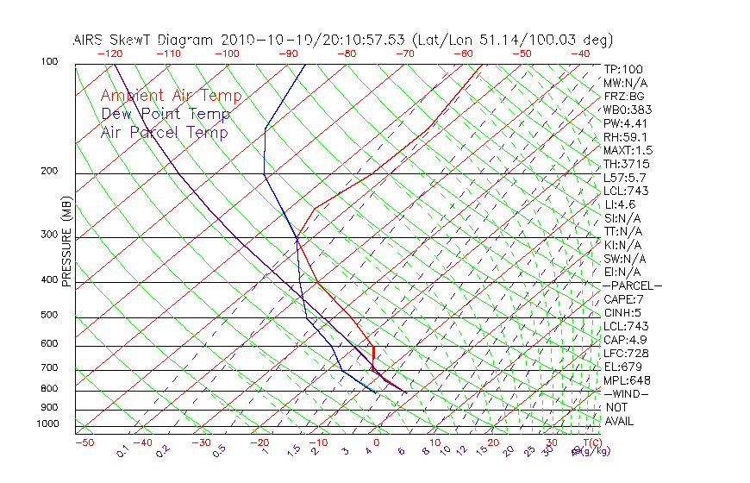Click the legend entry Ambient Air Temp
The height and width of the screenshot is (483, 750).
point(171,96)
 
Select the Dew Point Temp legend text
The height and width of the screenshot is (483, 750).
point(166,114)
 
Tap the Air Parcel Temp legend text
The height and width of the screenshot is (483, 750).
point(164,132)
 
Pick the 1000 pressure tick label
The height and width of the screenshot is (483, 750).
point(47,423)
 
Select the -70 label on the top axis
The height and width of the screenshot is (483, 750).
point(403,53)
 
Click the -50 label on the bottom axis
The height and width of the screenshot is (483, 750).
point(84,442)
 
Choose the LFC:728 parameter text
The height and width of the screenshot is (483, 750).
point(625,353)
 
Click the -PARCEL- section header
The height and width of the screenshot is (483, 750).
point(632,285)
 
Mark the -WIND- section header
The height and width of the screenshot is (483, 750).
point(626,393)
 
